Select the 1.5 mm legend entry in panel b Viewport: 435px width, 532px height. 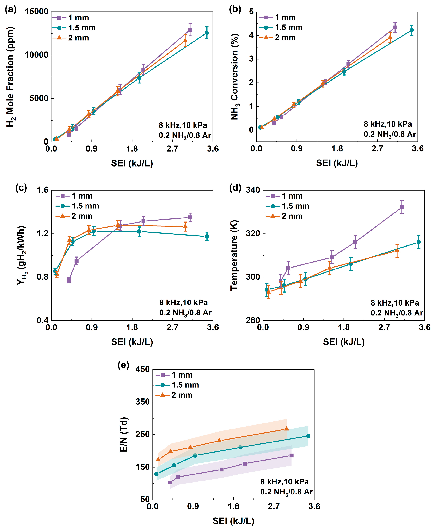point(281,28)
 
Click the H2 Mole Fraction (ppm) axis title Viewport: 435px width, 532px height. point(10,77)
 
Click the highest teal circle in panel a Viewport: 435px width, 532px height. point(207,33)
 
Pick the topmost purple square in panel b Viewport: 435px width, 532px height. point(395,28)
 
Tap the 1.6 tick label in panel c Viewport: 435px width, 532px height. point(43,190)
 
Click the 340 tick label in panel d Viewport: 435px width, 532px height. point(253,190)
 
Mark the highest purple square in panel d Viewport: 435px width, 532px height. point(402,207)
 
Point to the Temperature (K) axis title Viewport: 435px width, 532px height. point(234,256)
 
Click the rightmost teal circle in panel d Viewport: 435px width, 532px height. point(418,242)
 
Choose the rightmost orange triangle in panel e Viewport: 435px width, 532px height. point(286,429)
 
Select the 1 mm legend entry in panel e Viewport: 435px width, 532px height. point(174,375)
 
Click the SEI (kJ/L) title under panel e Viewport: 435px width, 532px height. point(233,521)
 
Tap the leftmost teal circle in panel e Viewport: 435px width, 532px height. point(156,474)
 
